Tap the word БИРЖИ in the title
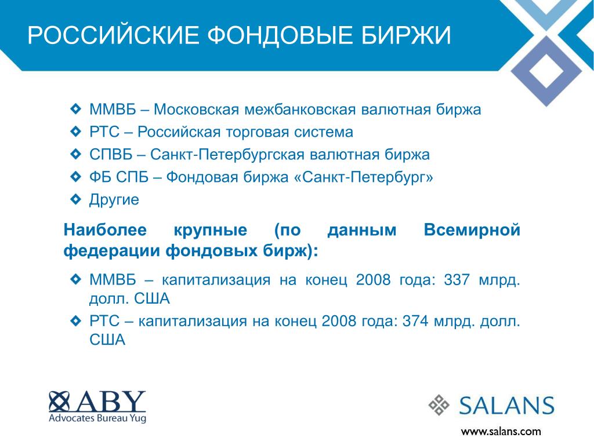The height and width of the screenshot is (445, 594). point(406,35)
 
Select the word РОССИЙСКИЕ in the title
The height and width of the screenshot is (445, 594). point(113,35)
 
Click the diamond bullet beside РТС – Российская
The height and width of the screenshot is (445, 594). point(76,132)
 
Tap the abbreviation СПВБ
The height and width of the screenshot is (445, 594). point(111,154)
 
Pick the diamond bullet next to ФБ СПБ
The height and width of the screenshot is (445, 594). point(76,176)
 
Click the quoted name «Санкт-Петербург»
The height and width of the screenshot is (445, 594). point(363,177)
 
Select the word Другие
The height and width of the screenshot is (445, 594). point(114,200)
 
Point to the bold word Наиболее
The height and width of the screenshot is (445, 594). point(105,229)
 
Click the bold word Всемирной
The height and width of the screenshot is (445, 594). point(472,229)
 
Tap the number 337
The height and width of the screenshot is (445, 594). point(457,280)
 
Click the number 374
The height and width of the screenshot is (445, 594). point(415,321)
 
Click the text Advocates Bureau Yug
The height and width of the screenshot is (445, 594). point(97,418)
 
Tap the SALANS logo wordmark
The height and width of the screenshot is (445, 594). point(506,406)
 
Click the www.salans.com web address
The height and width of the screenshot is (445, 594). point(501,431)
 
